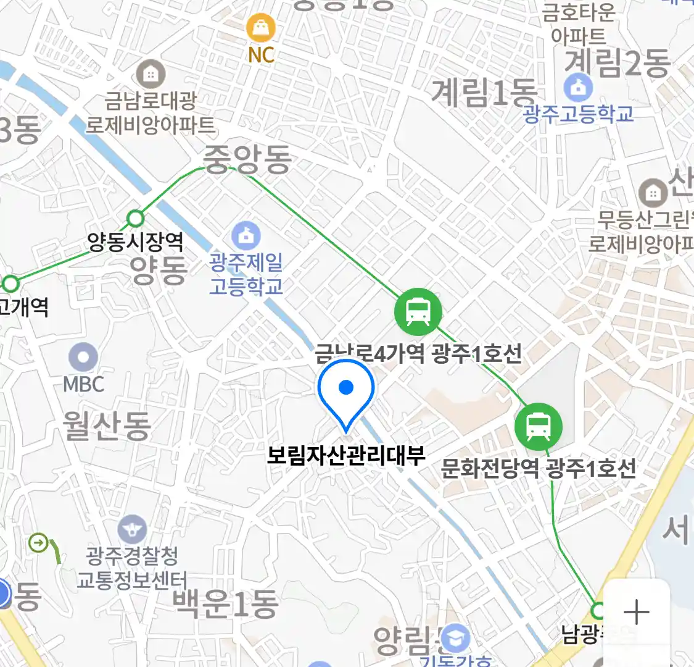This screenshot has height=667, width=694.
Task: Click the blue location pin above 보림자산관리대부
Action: [346, 388]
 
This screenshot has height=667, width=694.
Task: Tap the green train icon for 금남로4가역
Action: [418, 312]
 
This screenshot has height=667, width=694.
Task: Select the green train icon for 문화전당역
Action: [539, 426]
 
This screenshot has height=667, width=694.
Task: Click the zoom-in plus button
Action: [636, 613]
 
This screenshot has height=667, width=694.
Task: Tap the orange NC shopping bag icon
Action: [261, 28]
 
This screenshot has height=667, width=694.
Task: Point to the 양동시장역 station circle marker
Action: [136, 218]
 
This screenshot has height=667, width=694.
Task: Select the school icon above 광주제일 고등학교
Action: [246, 236]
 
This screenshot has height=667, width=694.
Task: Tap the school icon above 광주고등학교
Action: [578, 88]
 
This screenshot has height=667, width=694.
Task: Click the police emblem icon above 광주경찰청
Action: [132, 530]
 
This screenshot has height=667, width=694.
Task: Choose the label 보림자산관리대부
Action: [346, 455]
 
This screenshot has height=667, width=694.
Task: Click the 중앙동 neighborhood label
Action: [247, 159]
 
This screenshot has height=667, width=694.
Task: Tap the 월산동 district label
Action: [107, 426]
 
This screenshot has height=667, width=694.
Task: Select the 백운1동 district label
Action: [226, 603]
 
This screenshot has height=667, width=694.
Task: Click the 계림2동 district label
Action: [618, 62]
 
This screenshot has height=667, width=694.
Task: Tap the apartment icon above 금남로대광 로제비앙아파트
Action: [150, 75]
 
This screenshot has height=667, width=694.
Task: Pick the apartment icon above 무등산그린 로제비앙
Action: [652, 194]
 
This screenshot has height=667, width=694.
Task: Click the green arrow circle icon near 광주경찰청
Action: [38, 543]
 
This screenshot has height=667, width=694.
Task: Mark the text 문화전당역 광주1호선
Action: [539, 468]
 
